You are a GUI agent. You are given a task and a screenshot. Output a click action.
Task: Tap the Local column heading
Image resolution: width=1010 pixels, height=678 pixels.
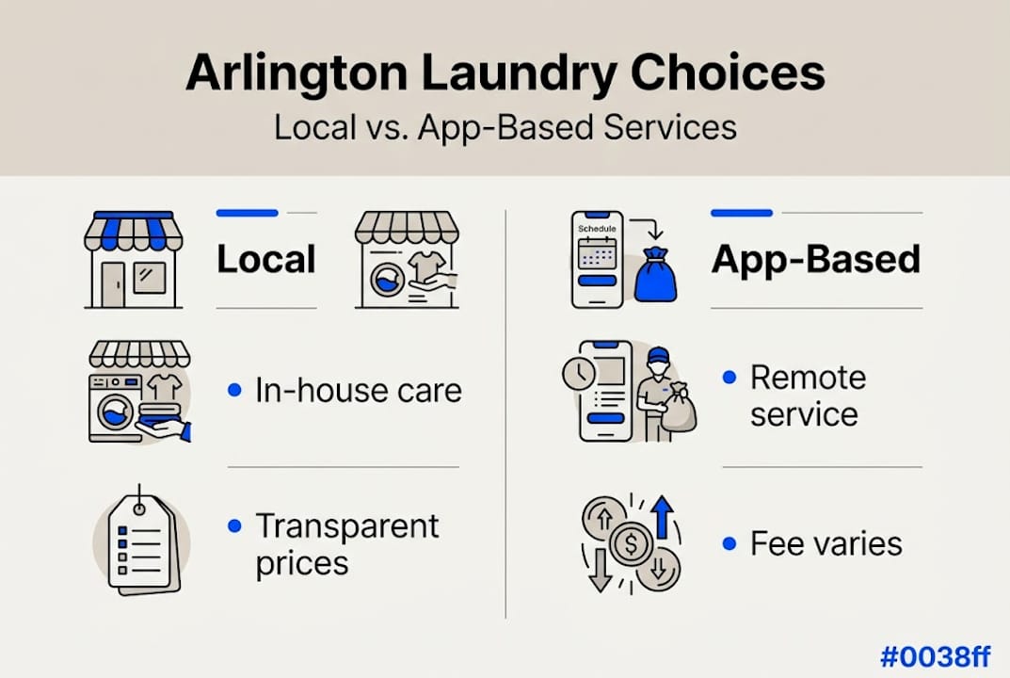(x=266, y=260)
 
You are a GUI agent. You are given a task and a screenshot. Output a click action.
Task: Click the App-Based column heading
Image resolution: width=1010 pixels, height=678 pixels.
(x=815, y=260)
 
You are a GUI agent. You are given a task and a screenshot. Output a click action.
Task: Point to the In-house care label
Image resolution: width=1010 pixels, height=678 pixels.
(x=359, y=390)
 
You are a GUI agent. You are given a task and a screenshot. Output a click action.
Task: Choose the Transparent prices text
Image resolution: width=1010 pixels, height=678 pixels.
(x=347, y=544)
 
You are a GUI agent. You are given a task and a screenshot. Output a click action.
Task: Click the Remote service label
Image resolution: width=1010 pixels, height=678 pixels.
(x=808, y=395)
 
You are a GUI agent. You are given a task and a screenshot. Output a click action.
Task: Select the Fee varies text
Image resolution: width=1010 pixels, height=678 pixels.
(x=826, y=543)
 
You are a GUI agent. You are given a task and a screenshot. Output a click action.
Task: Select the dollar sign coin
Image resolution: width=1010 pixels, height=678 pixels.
(x=630, y=544)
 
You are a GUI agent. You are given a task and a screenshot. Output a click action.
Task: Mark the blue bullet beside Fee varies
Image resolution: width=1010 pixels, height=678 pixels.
(x=729, y=543)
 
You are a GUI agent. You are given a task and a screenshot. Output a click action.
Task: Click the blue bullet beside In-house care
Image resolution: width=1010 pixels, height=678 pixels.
(x=234, y=390)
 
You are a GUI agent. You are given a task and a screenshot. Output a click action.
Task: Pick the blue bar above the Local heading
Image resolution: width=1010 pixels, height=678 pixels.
(x=247, y=214)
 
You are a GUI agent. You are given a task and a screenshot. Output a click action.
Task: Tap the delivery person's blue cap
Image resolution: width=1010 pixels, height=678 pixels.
(x=659, y=355)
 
